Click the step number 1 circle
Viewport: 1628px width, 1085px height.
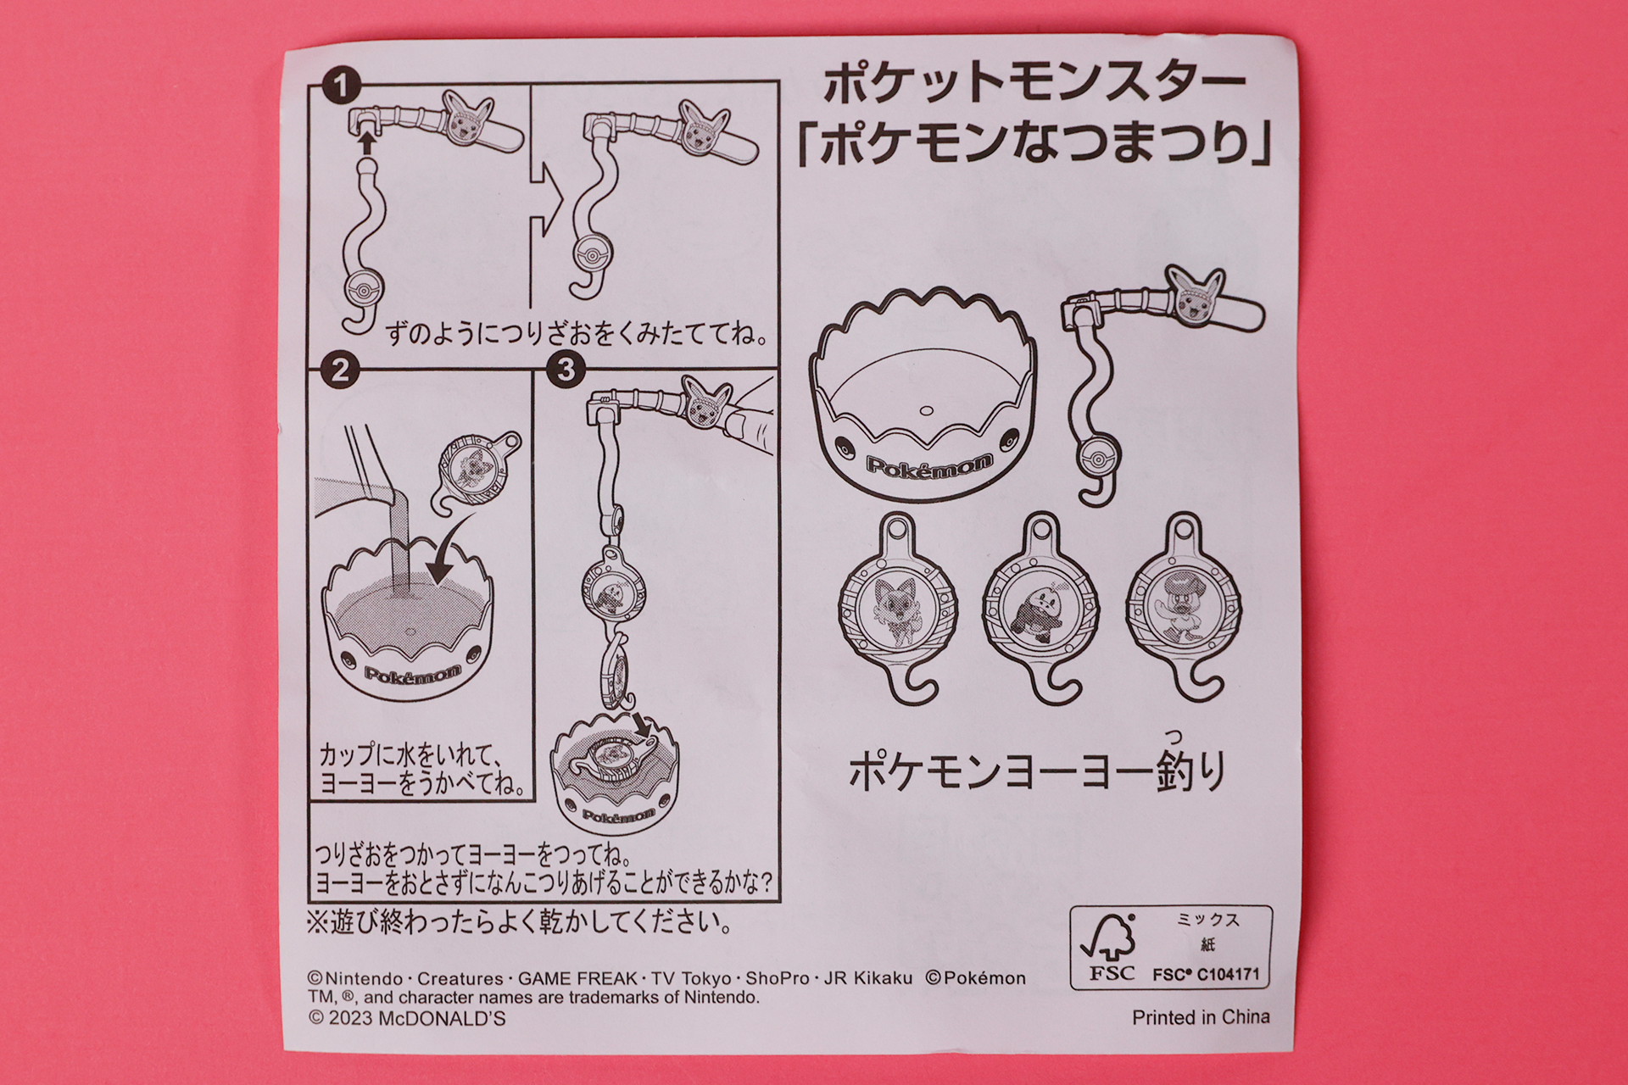coord(341,86)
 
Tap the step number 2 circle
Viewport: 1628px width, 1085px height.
coord(340,370)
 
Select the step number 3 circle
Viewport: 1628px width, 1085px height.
coord(566,370)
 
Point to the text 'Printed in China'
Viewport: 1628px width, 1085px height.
coord(1201,1017)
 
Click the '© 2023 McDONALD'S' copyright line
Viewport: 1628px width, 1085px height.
coord(407,1018)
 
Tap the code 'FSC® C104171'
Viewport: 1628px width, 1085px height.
coord(1205,975)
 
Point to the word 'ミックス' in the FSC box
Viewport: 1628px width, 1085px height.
coord(1207,920)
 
